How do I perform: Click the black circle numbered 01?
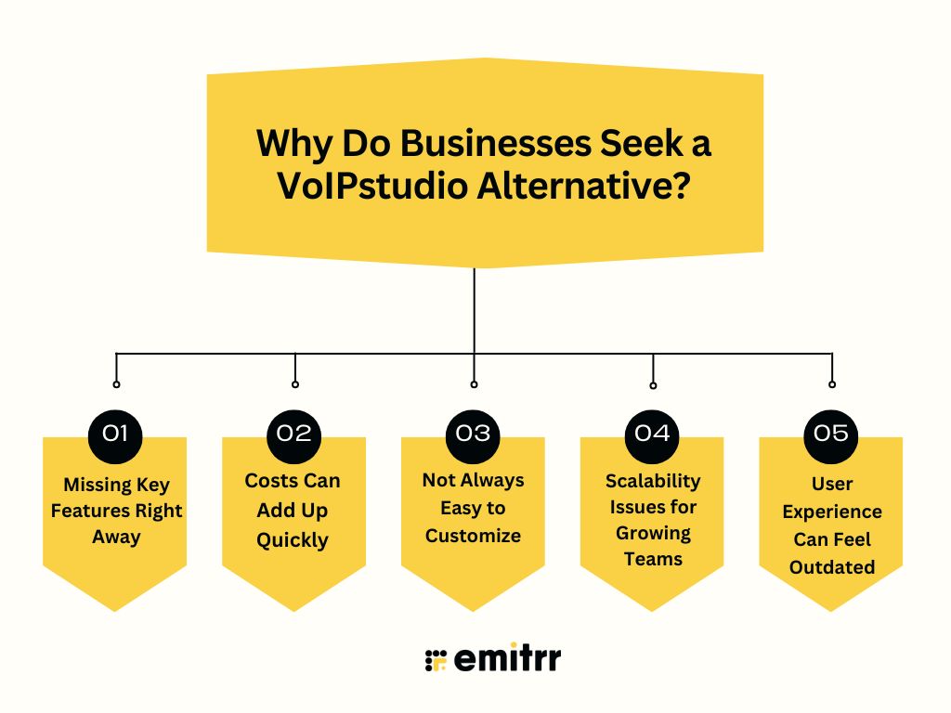(115, 434)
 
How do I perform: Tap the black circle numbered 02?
(294, 434)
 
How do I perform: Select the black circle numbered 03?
(474, 434)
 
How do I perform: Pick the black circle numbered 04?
(653, 434)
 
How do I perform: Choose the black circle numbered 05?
(832, 434)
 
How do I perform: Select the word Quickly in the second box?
(293, 540)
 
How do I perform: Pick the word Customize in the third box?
(473, 536)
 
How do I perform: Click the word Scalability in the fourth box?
(653, 481)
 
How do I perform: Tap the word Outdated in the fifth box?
(832, 566)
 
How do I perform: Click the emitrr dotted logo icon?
(436, 659)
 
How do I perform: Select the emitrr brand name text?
(508, 659)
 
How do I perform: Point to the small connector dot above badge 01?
(116, 383)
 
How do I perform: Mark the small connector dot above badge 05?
(832, 383)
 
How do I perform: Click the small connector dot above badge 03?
(474, 383)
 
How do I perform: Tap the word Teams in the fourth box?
(653, 559)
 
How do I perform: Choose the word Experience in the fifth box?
(832, 512)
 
